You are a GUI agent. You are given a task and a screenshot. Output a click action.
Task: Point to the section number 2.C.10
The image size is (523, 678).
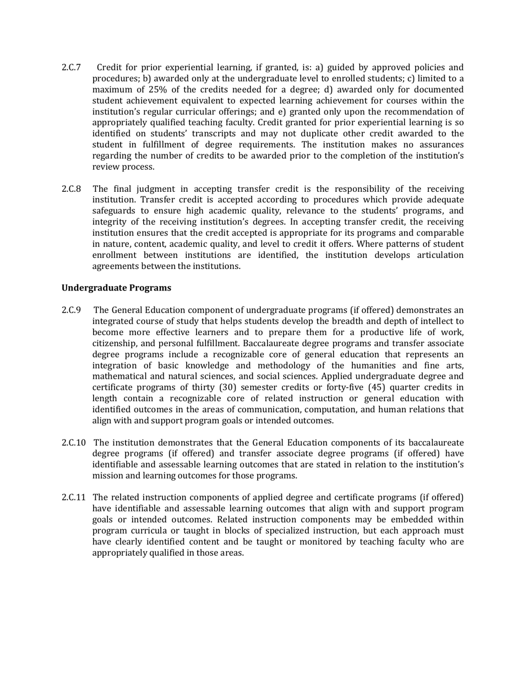coord(74,443)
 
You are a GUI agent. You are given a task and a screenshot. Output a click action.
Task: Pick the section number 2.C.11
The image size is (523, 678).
coord(74,498)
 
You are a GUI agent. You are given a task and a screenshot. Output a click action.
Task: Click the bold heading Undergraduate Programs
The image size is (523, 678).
coord(116,288)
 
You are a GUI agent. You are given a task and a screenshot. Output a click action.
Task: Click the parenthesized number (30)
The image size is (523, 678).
coord(231,388)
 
